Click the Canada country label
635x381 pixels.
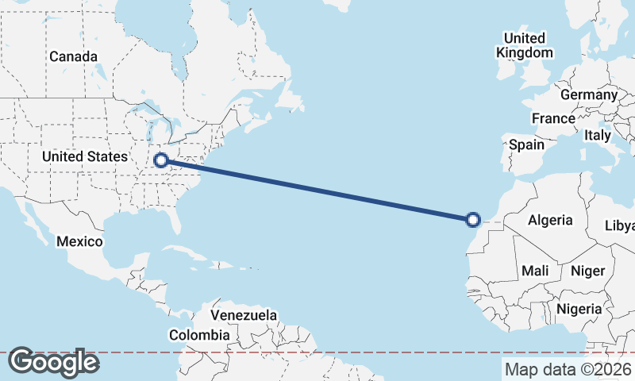pyautogui.click(x=73, y=56)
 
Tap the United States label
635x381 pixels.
pyautogui.click(x=85, y=156)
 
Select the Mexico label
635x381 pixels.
pyautogui.click(x=79, y=241)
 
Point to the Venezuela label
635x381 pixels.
pyautogui.click(x=244, y=315)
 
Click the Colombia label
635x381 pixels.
pyautogui.click(x=198, y=335)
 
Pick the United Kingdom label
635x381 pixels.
pyautogui.click(x=524, y=45)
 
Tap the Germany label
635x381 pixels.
pyautogui.click(x=588, y=94)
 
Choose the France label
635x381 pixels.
pyautogui.click(x=553, y=118)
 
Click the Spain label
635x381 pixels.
pyautogui.click(x=526, y=144)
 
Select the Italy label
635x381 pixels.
pyautogui.click(x=597, y=136)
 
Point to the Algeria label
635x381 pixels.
pyautogui.click(x=550, y=219)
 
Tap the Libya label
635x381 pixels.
pyautogui.click(x=620, y=225)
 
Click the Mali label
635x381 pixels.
pyautogui.click(x=535, y=271)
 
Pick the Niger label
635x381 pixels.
pyautogui.click(x=588, y=271)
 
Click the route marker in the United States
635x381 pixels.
pyautogui.click(x=161, y=160)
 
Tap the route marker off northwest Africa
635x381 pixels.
pyautogui.click(x=473, y=220)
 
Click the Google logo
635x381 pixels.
pyautogui.click(x=53, y=362)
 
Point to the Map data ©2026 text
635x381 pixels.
pyautogui.click(x=568, y=369)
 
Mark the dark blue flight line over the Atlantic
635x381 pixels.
pyautogui.click(x=317, y=190)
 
